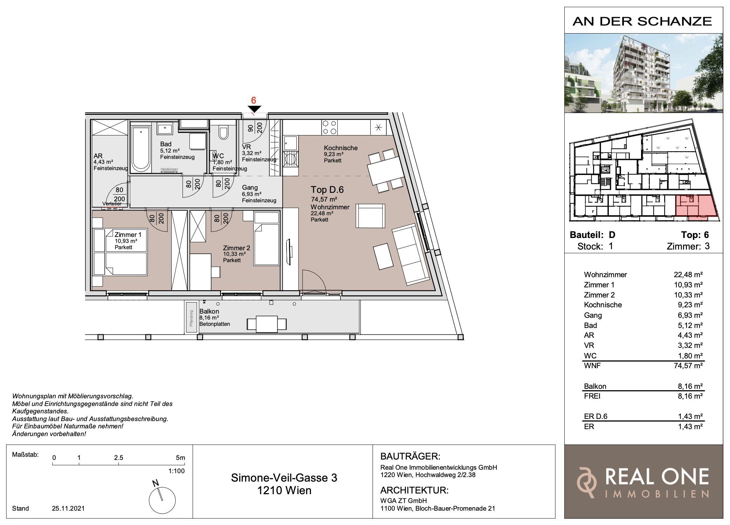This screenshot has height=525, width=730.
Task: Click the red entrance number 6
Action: point(254,100)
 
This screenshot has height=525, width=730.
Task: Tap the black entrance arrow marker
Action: point(254,109)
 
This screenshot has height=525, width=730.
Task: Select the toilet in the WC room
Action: point(223,132)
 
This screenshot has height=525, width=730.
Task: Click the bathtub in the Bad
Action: point(141,149)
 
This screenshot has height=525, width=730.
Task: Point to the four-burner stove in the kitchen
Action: point(329,127)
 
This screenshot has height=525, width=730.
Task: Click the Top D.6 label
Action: point(327,190)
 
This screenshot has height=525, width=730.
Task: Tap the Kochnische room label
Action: point(341,148)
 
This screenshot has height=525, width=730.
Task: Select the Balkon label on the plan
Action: point(209,311)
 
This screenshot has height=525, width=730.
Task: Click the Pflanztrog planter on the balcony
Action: point(191,317)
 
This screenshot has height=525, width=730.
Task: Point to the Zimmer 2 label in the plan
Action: point(236,248)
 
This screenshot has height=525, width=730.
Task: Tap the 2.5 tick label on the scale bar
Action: point(119,457)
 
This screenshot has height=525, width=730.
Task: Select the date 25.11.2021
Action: point(68,508)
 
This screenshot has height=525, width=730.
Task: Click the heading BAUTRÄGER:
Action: point(410,456)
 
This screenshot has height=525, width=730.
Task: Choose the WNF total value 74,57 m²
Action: point(688,366)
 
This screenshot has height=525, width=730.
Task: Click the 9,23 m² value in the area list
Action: point(690,305)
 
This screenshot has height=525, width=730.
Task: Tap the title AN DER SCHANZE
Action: point(642,21)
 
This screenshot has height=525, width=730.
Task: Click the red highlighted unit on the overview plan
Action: point(696,207)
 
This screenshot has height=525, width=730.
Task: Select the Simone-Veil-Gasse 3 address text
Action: point(284,478)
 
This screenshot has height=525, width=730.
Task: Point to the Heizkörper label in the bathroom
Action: point(169,169)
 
